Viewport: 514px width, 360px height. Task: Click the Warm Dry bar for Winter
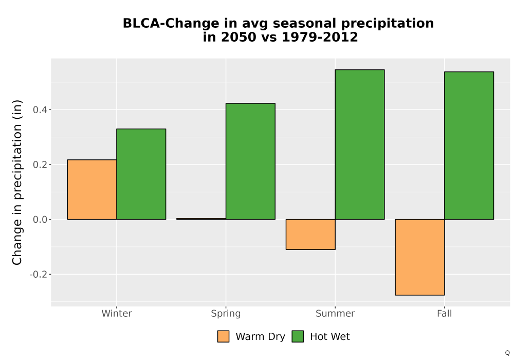click(x=92, y=189)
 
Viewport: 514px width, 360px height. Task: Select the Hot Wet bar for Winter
click(x=141, y=174)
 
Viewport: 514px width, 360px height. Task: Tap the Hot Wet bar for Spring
click(x=250, y=161)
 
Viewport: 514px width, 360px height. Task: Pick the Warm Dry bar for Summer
click(x=310, y=235)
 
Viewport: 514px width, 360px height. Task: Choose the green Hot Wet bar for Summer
click(x=360, y=145)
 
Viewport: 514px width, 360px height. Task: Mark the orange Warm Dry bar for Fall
click(x=420, y=257)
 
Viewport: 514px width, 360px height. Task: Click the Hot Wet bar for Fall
click(x=469, y=146)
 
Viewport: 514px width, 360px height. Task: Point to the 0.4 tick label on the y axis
click(x=40, y=110)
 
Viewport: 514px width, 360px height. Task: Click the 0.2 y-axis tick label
click(x=40, y=165)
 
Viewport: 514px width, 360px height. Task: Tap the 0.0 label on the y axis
click(x=40, y=220)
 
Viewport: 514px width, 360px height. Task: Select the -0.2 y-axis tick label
click(x=38, y=275)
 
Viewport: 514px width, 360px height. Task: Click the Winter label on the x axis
click(x=117, y=313)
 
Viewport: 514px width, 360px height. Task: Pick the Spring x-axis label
click(x=226, y=314)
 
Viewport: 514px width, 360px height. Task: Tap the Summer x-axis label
click(x=335, y=313)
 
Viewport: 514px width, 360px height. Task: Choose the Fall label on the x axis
click(x=445, y=313)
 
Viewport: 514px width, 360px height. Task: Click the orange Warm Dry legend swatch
click(x=223, y=336)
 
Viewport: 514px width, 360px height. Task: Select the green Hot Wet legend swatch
click(x=298, y=336)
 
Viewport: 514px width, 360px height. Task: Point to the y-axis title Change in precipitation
click(x=17, y=182)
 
